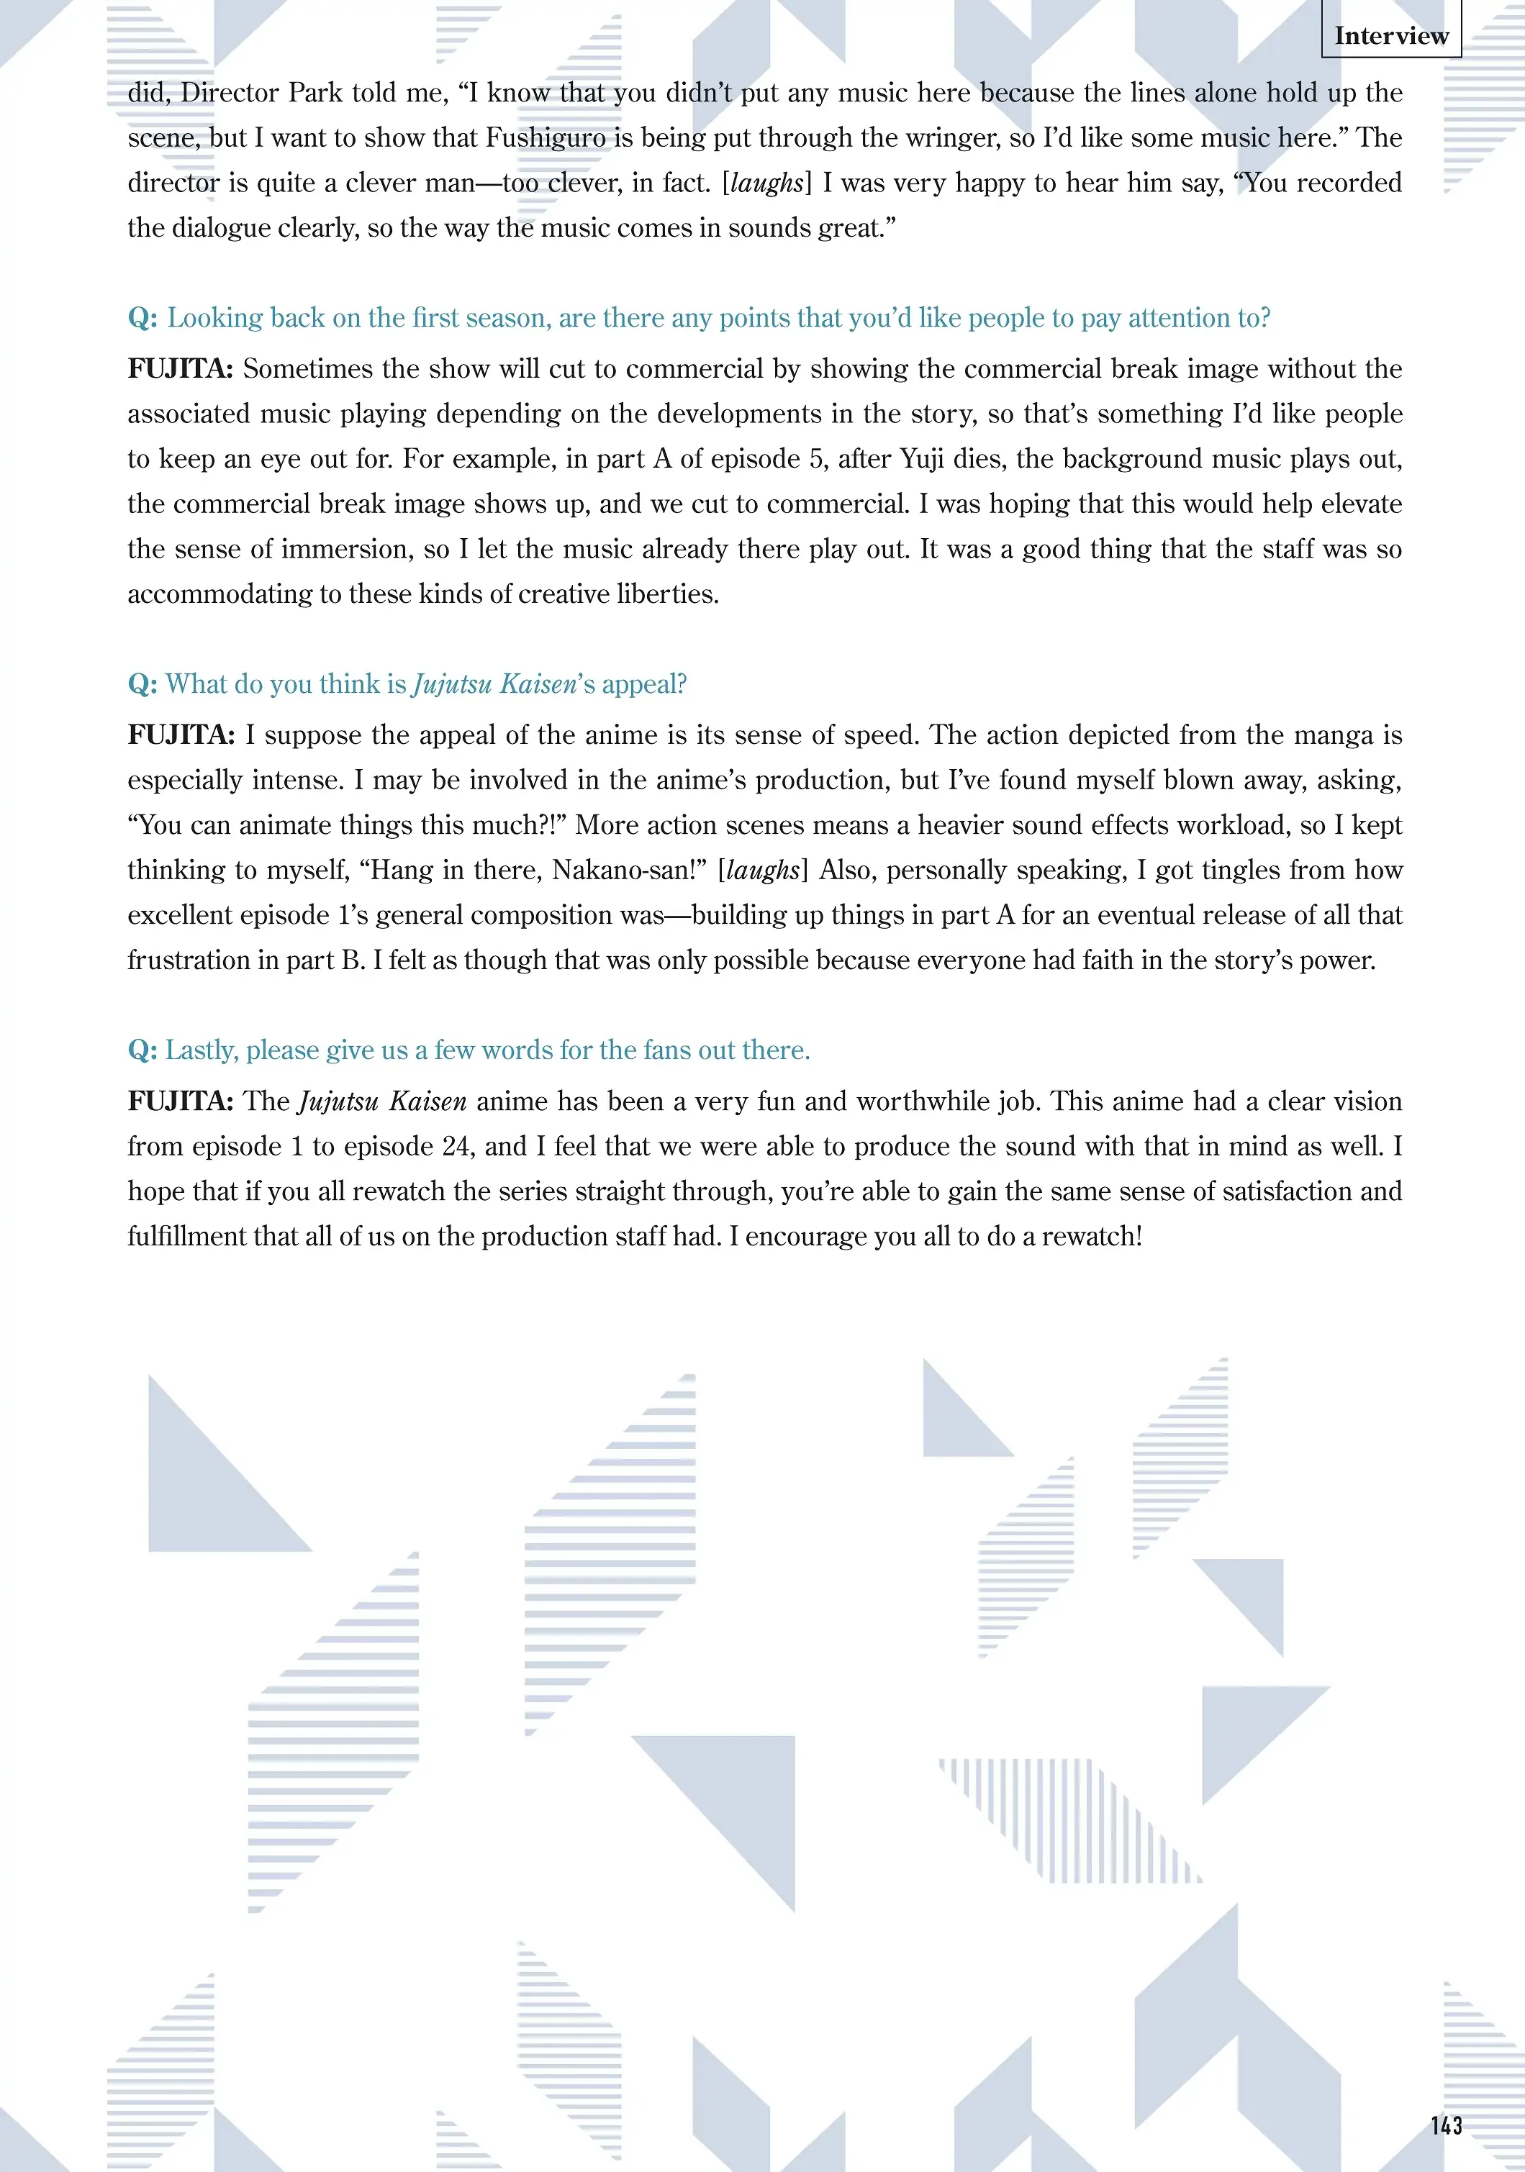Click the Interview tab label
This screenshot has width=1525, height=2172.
(1390, 36)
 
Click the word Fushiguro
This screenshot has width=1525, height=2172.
(545, 138)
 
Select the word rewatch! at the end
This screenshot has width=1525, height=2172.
(1092, 1237)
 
